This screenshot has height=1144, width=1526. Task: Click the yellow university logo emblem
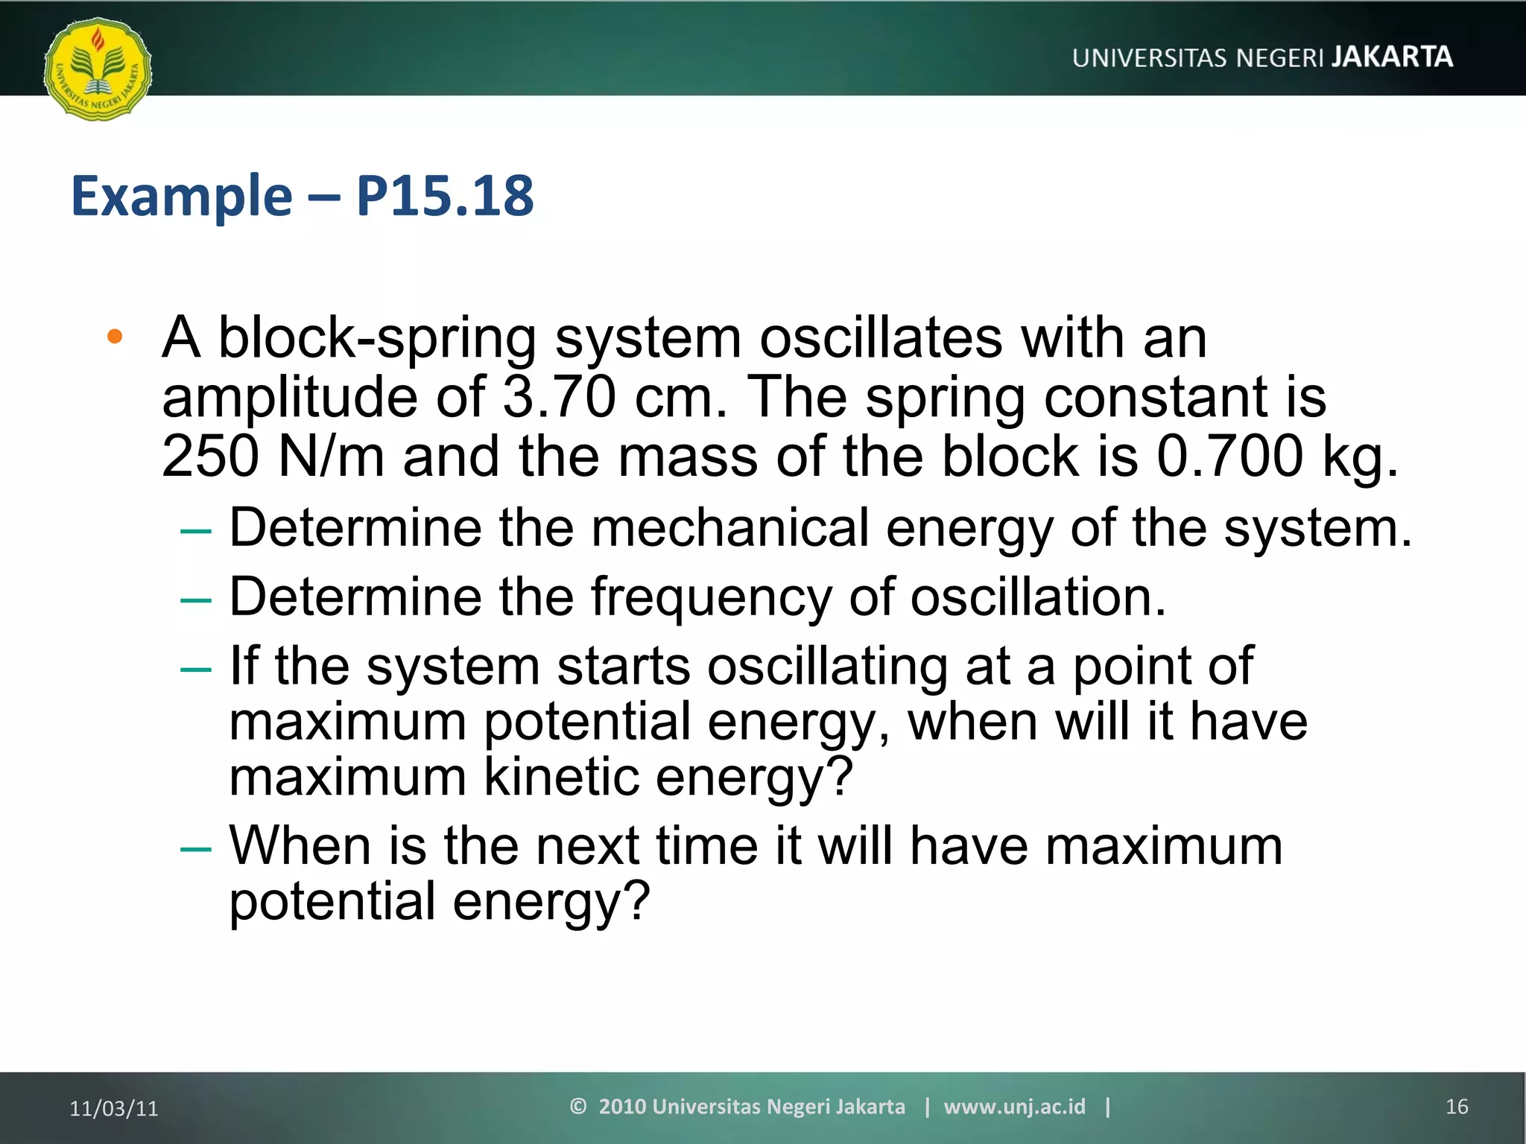tap(98, 69)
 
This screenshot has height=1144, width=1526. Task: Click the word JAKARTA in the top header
tap(1392, 57)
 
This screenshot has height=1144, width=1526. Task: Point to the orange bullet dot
tap(115, 337)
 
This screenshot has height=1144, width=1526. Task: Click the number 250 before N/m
tap(211, 456)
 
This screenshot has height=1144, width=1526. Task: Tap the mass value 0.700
tap(1229, 456)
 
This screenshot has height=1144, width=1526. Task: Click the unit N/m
tap(331, 456)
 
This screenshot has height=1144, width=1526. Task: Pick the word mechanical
tap(730, 528)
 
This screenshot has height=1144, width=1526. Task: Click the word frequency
tap(712, 598)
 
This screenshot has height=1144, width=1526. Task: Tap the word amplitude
tap(290, 397)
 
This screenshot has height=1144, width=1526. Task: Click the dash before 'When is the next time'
tap(196, 849)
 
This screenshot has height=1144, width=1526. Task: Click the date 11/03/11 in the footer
tap(114, 1108)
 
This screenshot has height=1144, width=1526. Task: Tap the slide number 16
tap(1457, 1107)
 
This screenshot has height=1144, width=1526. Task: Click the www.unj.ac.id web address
tap(1014, 1107)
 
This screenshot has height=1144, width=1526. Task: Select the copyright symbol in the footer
tap(578, 1106)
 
